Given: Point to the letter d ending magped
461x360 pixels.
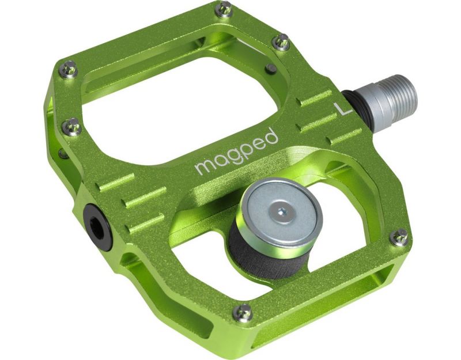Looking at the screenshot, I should pyautogui.click(x=271, y=138).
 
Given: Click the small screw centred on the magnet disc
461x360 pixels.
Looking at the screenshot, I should pyautogui.click(x=280, y=211).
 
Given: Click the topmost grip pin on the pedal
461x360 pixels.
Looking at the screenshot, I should pyautogui.click(x=225, y=9).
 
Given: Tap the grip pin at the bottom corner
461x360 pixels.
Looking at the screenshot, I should pyautogui.click(x=243, y=312).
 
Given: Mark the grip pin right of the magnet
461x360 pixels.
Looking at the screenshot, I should pyautogui.click(x=398, y=236).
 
